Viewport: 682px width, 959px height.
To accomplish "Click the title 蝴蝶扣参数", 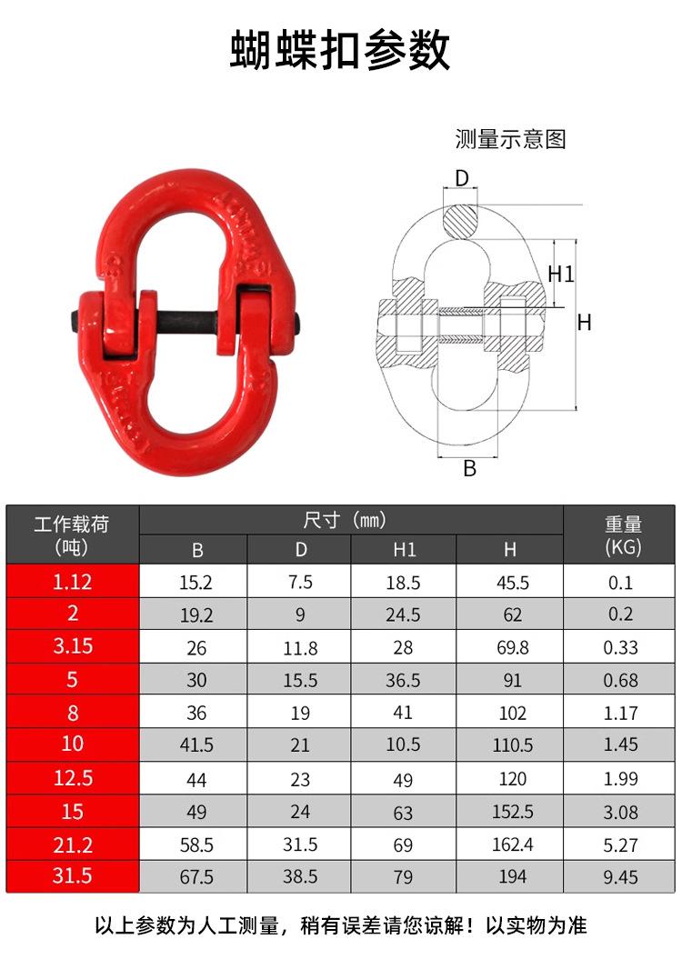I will (340, 50).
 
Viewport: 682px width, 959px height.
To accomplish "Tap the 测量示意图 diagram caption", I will (510, 139).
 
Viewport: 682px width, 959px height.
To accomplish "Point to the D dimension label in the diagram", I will (462, 178).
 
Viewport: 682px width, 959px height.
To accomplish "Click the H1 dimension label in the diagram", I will (561, 273).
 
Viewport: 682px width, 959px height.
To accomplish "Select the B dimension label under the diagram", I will (469, 468).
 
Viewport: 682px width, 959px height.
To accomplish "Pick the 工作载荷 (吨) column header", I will (72, 534).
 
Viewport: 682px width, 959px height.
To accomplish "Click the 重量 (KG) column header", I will (623, 534).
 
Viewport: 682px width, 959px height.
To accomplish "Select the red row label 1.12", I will (73, 582).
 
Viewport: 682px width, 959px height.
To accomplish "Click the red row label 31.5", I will (73, 876).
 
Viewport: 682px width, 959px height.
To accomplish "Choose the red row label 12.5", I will (73, 778).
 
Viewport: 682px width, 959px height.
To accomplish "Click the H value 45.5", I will (512, 583).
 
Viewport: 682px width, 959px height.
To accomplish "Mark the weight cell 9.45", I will (622, 877).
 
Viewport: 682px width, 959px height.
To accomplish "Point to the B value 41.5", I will (196, 745).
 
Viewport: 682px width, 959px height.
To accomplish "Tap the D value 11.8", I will (300, 648).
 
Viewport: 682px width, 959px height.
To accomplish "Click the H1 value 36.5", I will (403, 680).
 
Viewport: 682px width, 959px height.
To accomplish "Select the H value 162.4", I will (512, 844).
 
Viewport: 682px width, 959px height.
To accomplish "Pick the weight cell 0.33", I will (622, 648).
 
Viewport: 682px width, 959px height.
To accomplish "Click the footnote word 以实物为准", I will (537, 926).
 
